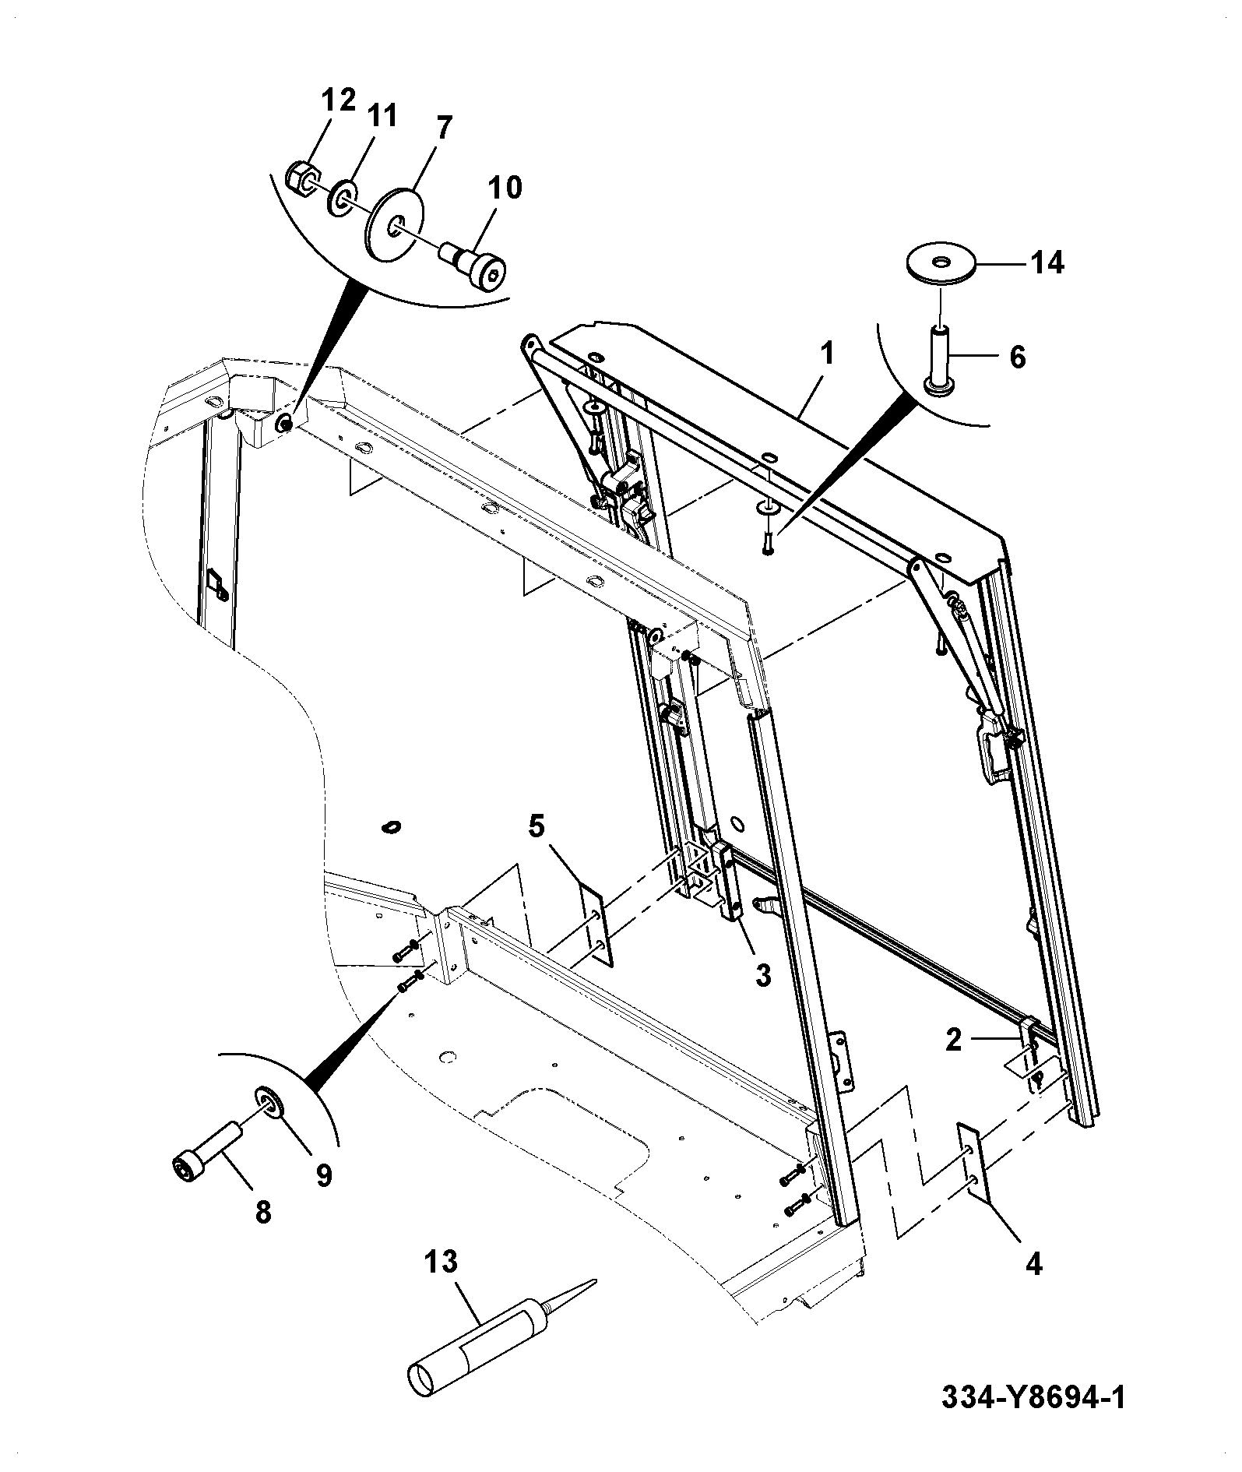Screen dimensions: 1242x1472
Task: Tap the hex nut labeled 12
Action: pyautogui.click(x=301, y=177)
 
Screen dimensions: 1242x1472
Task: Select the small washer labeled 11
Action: pyautogui.click(x=343, y=197)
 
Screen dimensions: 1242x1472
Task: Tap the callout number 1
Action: pyautogui.click(x=827, y=355)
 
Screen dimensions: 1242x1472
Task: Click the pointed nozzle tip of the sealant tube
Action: pyautogui.click(x=596, y=1280)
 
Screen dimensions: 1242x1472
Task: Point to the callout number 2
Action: pyautogui.click(x=954, y=1041)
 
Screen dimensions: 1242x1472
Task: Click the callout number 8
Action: pyautogui.click(x=263, y=1212)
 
